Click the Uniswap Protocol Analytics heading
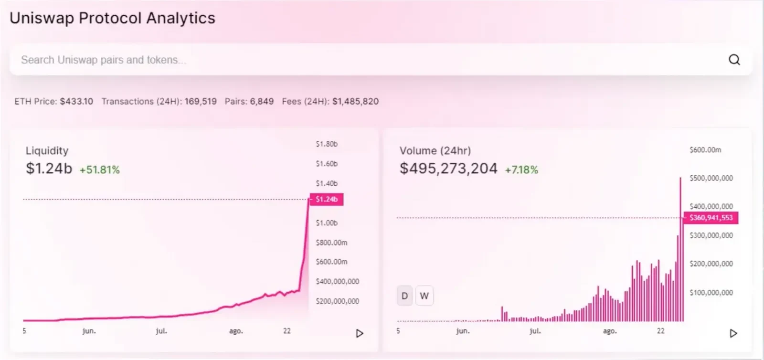pos(113,18)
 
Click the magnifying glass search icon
pos(734,60)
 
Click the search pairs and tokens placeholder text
pos(104,60)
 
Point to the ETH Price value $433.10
pos(76,102)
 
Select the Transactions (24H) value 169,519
pos(201,102)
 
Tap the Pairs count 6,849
pos(262,102)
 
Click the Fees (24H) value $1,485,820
pos(355,102)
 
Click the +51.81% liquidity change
pos(100,170)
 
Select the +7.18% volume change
pos(521,170)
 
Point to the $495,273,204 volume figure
pos(448,169)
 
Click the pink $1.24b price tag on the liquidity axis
pos(327,200)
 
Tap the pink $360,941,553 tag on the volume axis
pos(711,218)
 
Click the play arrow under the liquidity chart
pos(360,333)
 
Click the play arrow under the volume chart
pos(733,333)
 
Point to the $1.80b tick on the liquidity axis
pos(327,144)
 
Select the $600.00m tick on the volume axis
pos(705,150)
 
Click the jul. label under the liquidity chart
pos(161,331)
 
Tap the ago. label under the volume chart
pos(610,331)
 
